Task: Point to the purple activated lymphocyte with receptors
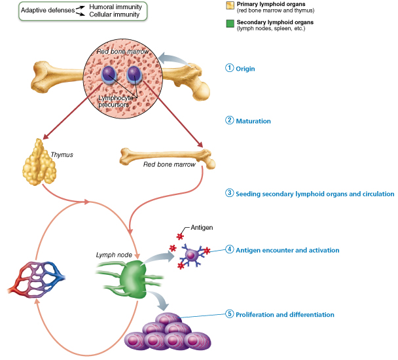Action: tap(192, 255)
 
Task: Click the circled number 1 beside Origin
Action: tap(229, 68)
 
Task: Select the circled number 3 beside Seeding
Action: tap(229, 194)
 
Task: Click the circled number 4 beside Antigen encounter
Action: tap(229, 249)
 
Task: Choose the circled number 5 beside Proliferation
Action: tap(229, 314)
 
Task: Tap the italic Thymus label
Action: tap(62, 155)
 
